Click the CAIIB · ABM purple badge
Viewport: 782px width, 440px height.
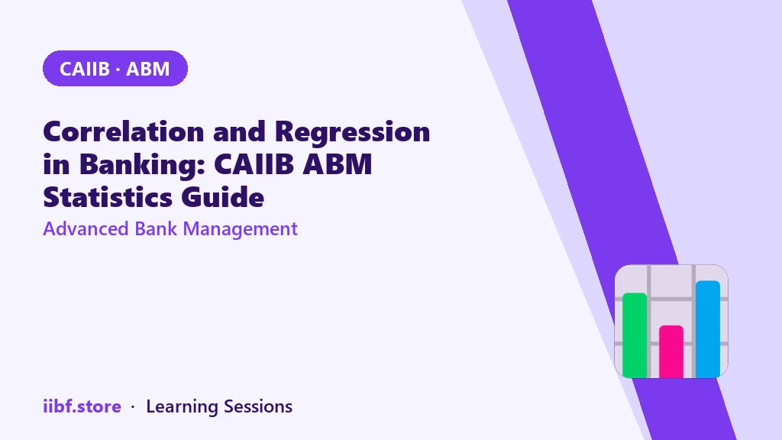(x=115, y=68)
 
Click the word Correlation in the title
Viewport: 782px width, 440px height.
(x=124, y=131)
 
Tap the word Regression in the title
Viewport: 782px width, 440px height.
(x=352, y=132)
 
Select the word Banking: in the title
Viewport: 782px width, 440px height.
(x=142, y=165)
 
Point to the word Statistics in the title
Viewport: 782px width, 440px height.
(x=108, y=197)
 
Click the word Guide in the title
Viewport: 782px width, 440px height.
(x=222, y=197)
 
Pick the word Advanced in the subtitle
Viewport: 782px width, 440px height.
(x=86, y=229)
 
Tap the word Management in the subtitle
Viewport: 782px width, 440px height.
(x=240, y=229)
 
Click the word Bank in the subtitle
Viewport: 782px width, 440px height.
(x=156, y=229)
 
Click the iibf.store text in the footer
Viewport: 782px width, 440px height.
(x=82, y=406)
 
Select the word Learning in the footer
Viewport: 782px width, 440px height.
(x=182, y=406)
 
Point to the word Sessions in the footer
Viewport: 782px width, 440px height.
(x=258, y=406)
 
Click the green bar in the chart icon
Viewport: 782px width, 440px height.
(x=635, y=335)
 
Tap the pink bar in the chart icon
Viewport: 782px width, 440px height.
(x=671, y=351)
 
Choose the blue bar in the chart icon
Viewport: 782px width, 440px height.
(x=708, y=328)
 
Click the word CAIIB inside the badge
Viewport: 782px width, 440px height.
(x=84, y=69)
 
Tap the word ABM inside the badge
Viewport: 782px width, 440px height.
(x=147, y=69)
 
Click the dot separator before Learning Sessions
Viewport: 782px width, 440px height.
(x=133, y=407)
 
